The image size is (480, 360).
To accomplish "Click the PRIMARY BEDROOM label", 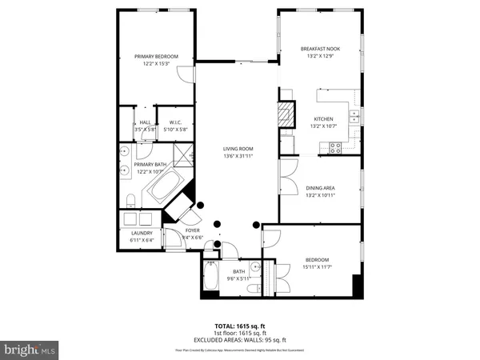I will (x=156, y=56).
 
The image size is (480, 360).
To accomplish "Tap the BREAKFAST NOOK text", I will (x=318, y=49).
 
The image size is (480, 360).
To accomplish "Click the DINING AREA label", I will (x=319, y=188).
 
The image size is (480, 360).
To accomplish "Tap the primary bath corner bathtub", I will (x=165, y=191).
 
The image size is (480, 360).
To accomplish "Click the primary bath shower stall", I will (x=182, y=152).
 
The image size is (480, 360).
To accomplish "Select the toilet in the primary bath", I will (x=128, y=198).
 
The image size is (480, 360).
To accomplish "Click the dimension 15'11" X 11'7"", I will (x=318, y=266).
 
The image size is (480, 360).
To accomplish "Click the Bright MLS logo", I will (x=30, y=350).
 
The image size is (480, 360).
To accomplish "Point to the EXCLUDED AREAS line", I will (x=239, y=342).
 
